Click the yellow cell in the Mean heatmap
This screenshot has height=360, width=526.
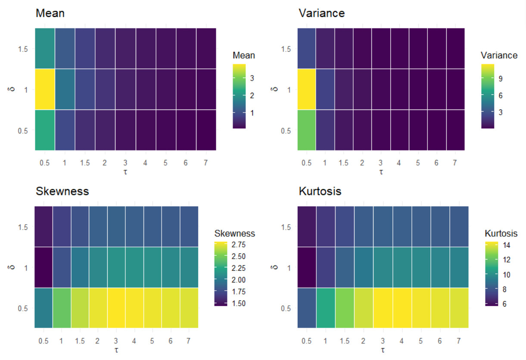click(x=45, y=89)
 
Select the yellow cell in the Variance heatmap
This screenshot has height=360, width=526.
click(x=306, y=89)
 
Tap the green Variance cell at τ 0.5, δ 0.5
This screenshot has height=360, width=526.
click(x=306, y=130)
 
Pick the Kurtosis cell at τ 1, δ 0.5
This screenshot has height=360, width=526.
click(x=326, y=308)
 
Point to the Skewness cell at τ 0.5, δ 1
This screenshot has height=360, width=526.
click(x=44, y=267)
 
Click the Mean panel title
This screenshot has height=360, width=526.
click(x=50, y=13)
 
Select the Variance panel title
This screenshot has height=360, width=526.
click(x=321, y=13)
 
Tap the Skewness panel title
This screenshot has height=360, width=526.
click(x=62, y=191)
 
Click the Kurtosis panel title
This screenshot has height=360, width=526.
click(x=320, y=191)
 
